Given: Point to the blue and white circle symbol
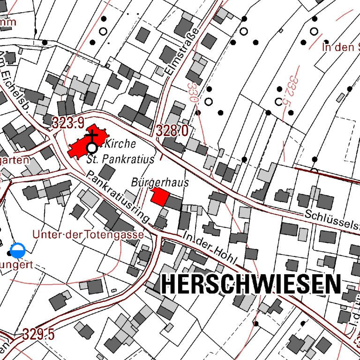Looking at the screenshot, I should [18, 251].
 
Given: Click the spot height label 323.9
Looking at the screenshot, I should [68, 123].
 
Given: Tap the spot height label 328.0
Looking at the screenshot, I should [172, 131].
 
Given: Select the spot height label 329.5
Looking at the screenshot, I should [38, 335].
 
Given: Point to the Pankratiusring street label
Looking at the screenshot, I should [118, 197].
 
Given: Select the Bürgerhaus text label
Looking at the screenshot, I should [160, 182].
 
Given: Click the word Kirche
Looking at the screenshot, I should [120, 144].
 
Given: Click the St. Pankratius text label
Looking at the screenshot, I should [121, 159].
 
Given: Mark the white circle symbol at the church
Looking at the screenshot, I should [92, 148].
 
